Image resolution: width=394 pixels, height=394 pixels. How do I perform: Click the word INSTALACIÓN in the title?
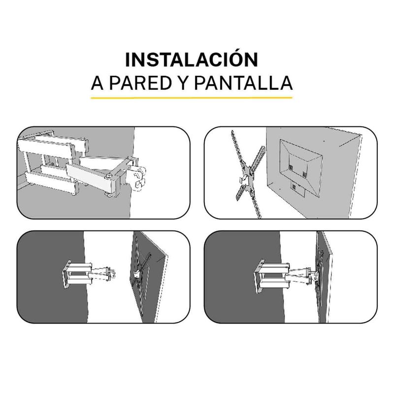click(192, 59)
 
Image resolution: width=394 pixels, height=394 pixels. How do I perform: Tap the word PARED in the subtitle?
click(140, 83)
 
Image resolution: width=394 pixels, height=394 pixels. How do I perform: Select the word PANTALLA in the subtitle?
click(243, 83)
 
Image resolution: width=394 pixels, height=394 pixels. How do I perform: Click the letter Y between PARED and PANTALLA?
click(183, 83)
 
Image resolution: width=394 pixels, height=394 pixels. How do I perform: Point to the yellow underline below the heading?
click(192, 98)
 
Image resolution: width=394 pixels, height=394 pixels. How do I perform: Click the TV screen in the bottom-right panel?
click(325, 276)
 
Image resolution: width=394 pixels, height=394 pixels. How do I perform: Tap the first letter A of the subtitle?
click(98, 83)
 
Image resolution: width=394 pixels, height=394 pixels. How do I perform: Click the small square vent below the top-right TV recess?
click(294, 187)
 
